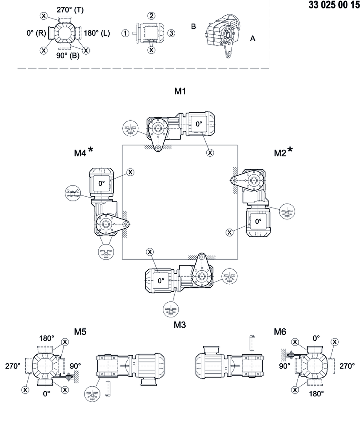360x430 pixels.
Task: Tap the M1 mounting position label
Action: click(180, 92)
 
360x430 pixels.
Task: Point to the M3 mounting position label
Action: click(180, 324)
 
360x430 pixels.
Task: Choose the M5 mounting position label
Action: click(80, 332)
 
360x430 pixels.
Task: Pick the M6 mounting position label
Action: click(280, 332)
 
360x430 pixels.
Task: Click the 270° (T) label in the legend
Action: click(70, 10)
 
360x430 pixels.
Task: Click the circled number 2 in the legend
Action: click(151, 16)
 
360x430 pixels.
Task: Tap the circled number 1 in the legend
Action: click(125, 33)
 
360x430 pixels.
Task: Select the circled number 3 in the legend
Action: click(171, 33)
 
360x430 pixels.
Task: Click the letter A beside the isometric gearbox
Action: click(252, 38)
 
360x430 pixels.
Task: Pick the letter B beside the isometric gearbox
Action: click(194, 26)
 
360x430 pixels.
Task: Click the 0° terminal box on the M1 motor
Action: click(199, 124)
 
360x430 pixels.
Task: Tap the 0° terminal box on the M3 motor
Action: click(161, 281)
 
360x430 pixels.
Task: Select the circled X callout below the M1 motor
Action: click(210, 152)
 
